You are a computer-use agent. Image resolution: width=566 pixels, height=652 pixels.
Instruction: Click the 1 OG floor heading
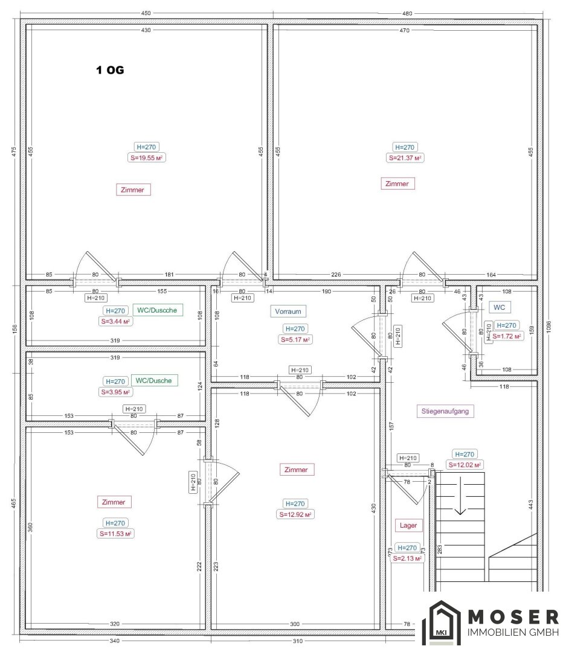[x=110, y=70]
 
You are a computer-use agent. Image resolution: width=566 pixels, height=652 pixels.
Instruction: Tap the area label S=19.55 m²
[x=147, y=158]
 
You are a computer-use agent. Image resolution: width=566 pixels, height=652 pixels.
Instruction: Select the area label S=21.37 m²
[x=405, y=158]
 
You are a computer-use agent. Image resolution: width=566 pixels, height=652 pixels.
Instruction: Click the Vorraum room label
[x=288, y=311]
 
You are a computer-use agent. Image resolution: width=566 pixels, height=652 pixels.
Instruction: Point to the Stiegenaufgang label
[x=445, y=411]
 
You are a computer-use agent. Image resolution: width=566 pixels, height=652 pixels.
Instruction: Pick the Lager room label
[x=408, y=525]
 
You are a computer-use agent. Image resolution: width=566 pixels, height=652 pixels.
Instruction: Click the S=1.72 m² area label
[x=507, y=336]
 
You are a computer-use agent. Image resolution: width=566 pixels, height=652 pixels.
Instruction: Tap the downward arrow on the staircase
[x=460, y=496]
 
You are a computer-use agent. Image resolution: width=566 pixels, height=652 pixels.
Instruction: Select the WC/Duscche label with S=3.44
[x=157, y=310]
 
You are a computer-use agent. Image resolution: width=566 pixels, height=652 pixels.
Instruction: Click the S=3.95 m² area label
[x=116, y=392]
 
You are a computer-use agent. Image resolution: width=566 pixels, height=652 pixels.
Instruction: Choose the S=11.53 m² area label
[x=116, y=534]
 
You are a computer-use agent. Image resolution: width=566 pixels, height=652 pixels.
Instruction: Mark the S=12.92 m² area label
[x=295, y=514]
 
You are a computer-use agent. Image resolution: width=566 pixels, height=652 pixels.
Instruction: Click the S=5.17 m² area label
[x=295, y=340]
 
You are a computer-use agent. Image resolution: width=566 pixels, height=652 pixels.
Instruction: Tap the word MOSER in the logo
[x=513, y=617]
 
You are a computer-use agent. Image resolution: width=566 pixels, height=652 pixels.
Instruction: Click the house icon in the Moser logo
[x=442, y=622]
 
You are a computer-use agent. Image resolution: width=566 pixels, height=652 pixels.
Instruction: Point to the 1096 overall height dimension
[x=548, y=327]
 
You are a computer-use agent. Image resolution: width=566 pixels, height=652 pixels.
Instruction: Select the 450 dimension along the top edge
[x=146, y=13]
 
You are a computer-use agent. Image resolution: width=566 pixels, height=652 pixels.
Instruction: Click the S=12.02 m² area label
[x=465, y=465]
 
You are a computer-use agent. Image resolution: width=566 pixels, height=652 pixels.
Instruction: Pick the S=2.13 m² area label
[x=408, y=558]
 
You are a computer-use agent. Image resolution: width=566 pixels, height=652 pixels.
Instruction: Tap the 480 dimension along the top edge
[x=407, y=13]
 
